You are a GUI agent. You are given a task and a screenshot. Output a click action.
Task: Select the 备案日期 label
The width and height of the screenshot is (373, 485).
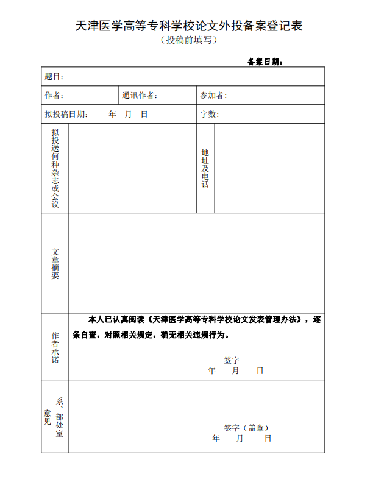click(x=265, y=62)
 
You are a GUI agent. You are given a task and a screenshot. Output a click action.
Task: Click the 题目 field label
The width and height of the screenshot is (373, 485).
click(x=54, y=77)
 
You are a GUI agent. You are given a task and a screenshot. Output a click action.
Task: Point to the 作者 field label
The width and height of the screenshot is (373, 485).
click(x=54, y=95)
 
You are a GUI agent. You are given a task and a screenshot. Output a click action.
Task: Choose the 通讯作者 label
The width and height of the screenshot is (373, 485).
click(x=140, y=95)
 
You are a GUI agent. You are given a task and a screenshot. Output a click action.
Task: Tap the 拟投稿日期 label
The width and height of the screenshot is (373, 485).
click(x=66, y=114)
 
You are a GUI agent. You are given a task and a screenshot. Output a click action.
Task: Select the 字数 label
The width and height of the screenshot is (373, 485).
click(x=210, y=114)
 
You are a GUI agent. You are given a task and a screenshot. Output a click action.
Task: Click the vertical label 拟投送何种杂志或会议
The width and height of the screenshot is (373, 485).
click(x=55, y=168)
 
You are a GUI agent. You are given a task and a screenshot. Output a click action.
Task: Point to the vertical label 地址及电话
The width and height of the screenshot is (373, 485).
click(x=205, y=168)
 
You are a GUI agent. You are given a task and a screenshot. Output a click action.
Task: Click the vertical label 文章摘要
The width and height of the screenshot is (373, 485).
click(x=55, y=263)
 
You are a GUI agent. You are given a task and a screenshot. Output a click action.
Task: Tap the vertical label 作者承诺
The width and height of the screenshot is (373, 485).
click(x=55, y=347)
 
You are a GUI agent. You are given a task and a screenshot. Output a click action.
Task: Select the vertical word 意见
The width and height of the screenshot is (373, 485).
click(x=48, y=417)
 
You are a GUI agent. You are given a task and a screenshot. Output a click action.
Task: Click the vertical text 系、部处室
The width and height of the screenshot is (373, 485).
click(x=59, y=417)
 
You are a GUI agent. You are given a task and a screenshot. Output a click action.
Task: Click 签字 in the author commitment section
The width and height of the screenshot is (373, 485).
click(x=232, y=360)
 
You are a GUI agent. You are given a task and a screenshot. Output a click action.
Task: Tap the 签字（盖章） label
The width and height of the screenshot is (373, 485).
click(x=246, y=428)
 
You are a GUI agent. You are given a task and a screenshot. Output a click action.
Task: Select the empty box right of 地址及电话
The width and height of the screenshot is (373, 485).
click(x=269, y=168)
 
